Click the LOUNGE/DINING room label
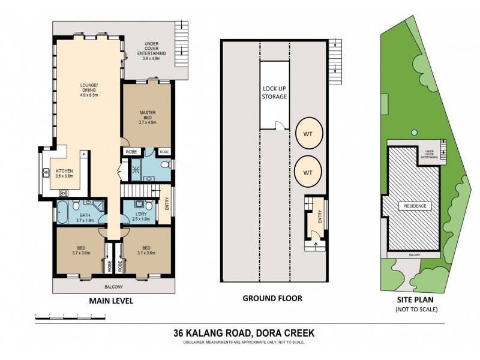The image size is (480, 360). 89,89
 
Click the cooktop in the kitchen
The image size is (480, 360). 62,193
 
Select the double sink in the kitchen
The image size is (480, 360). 46,174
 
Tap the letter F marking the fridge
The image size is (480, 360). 84,155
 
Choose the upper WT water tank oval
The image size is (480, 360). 308,132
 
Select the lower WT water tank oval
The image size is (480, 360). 308,172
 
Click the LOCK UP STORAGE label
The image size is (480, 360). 275,92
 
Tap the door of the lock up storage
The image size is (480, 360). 277,125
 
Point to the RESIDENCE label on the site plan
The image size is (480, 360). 414,206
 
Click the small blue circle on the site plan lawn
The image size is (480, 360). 413,132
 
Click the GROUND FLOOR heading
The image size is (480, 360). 272,298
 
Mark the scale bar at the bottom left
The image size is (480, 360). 72,315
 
